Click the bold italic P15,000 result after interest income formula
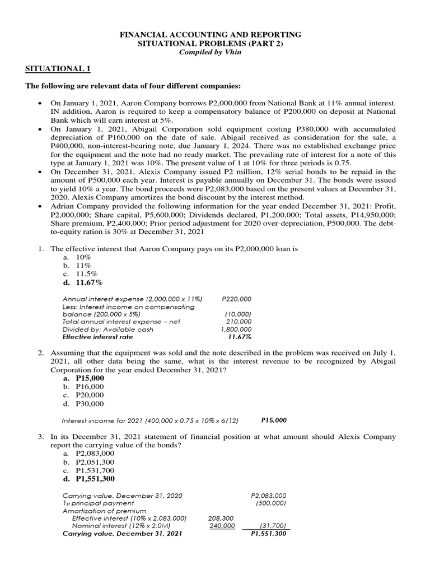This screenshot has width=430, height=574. click(x=274, y=420)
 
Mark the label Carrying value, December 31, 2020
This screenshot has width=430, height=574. click(x=122, y=496)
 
